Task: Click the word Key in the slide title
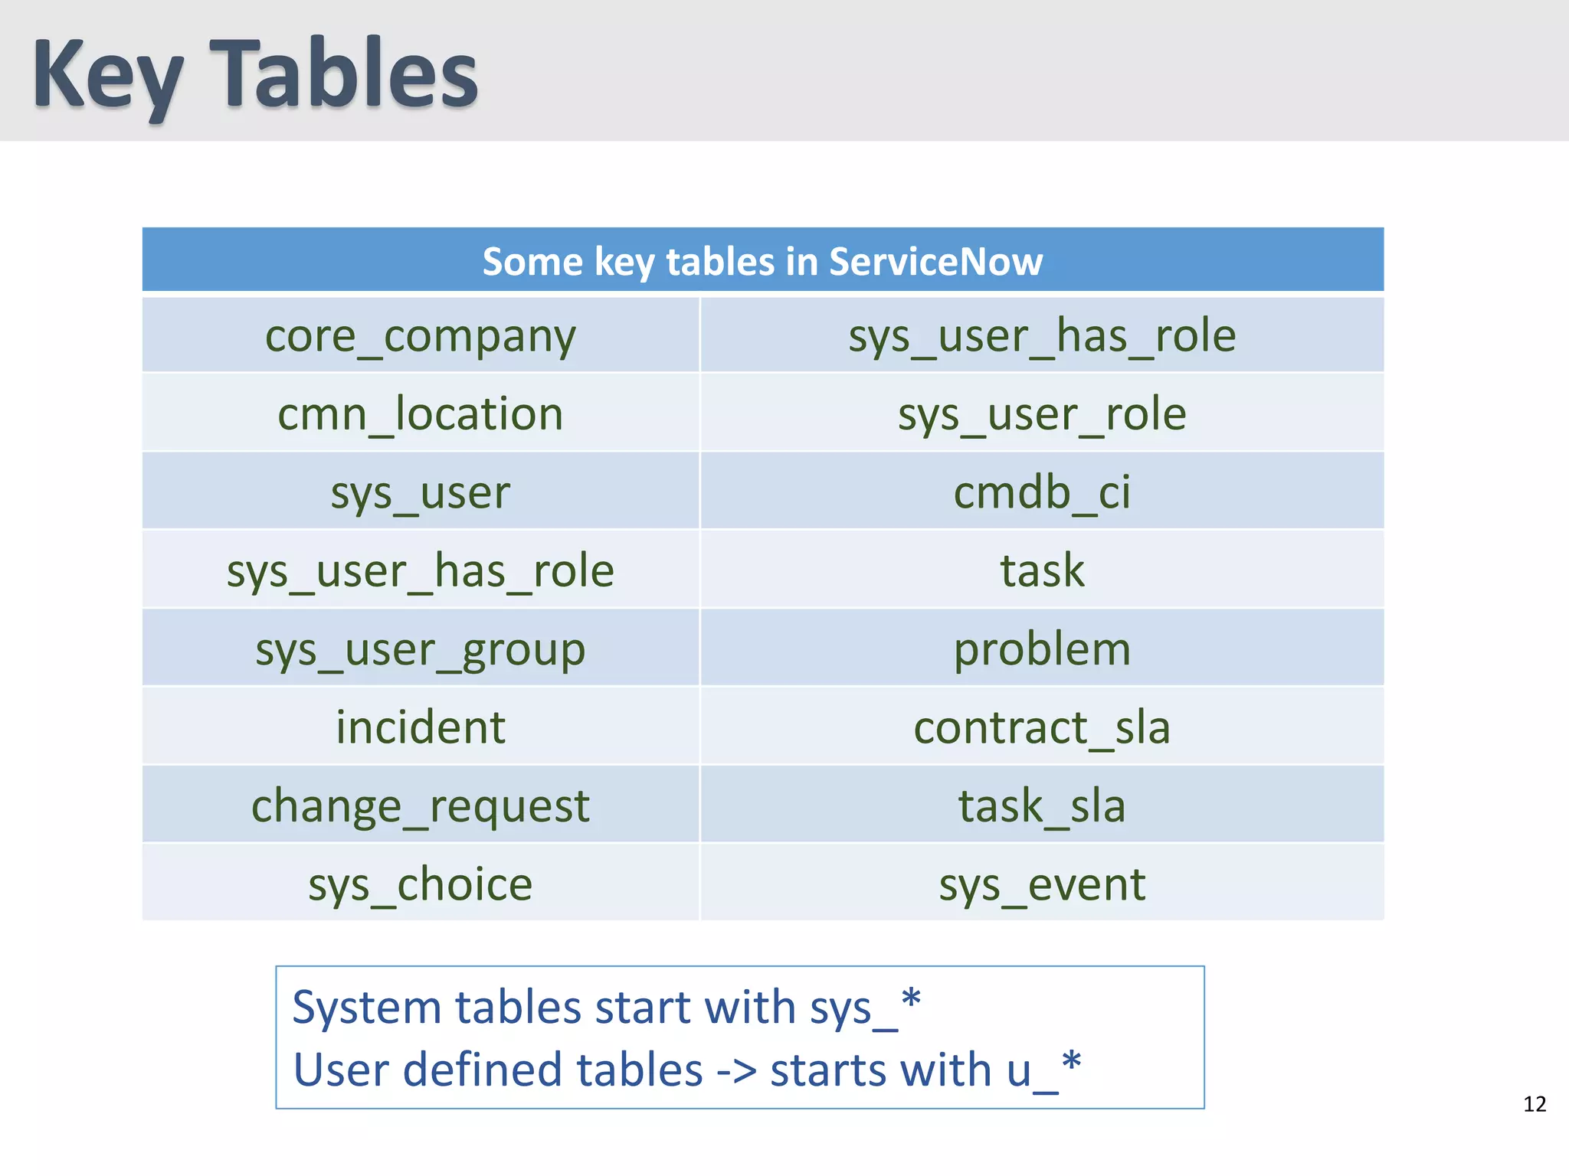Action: point(107,77)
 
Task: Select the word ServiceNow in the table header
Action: point(935,262)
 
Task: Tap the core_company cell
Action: point(420,336)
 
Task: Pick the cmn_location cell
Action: point(420,414)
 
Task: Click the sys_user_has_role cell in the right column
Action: point(1042,336)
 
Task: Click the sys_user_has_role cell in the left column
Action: point(420,571)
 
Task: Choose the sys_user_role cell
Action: point(1042,414)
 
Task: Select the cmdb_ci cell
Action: point(1042,492)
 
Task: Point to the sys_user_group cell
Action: point(420,649)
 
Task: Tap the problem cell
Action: point(1042,649)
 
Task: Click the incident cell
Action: point(420,727)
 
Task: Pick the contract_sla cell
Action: point(1042,727)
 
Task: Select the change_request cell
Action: point(420,806)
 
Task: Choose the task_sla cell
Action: point(1042,806)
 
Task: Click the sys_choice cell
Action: point(420,884)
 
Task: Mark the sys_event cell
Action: point(1042,884)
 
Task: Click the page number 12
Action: point(1535,1104)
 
